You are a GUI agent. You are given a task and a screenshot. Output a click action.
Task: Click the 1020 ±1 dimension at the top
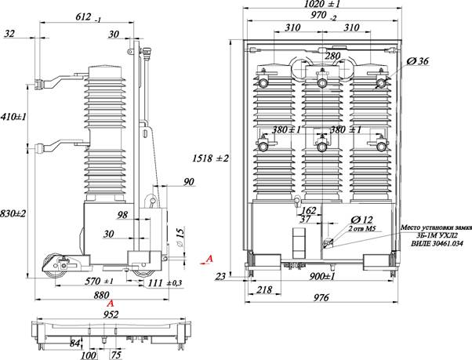321,4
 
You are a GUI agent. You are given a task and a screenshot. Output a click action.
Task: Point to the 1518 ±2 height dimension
211,158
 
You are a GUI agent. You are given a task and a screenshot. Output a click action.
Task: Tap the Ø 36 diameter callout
417,61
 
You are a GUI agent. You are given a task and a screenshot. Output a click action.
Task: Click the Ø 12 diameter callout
361,220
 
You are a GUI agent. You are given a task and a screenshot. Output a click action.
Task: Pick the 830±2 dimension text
13,213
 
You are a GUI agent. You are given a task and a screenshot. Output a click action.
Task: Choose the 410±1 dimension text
13,117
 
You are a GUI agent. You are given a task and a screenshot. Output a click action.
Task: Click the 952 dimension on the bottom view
111,315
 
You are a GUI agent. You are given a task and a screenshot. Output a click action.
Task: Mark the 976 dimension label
321,298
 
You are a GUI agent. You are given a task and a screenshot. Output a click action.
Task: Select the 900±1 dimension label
321,276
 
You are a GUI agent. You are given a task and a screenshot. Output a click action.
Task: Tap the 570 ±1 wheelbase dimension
99,282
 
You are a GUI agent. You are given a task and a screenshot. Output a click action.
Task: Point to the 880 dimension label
101,295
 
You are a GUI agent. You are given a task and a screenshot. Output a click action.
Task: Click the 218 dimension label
264,289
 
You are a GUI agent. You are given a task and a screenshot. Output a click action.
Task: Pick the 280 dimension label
332,56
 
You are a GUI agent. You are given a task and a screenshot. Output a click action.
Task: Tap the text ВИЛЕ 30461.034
436,243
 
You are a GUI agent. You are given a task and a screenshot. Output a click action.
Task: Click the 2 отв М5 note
362,228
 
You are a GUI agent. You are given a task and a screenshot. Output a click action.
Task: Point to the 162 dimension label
309,210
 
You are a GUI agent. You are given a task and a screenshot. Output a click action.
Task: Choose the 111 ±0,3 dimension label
165,283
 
